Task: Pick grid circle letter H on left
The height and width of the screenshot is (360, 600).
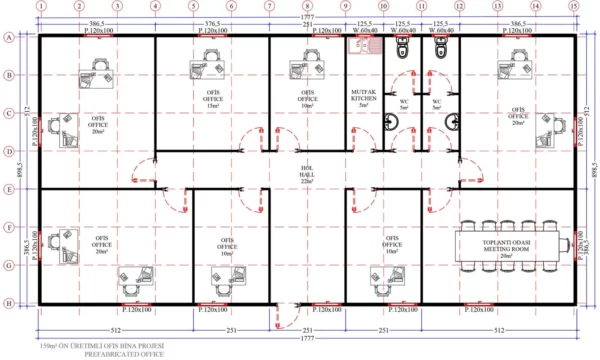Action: click(x=9, y=304)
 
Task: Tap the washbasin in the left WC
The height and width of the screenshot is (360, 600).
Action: click(x=396, y=118)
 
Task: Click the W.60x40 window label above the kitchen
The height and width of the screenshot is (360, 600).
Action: click(x=365, y=31)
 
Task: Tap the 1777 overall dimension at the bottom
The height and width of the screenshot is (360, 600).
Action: click(x=307, y=338)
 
